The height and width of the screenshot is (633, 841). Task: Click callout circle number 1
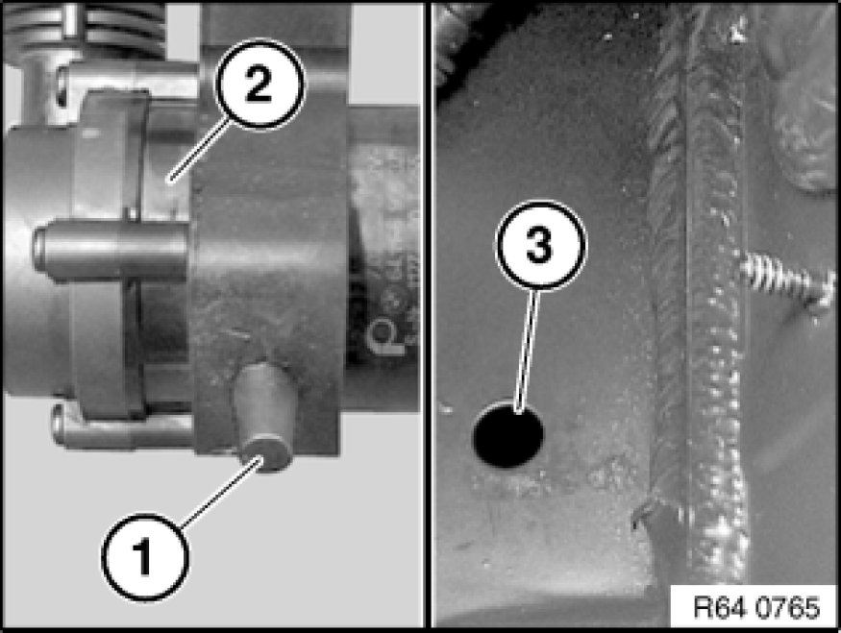(x=145, y=557)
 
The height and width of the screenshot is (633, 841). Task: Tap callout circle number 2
(x=260, y=85)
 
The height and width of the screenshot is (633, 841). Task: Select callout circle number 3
(x=540, y=246)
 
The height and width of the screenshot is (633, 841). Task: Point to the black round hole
(x=507, y=433)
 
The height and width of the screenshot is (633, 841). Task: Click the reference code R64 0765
(x=756, y=607)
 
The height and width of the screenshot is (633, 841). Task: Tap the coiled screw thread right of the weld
(x=786, y=280)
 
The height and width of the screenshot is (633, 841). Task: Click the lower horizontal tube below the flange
(x=122, y=427)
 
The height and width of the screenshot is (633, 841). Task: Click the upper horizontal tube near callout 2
(x=129, y=81)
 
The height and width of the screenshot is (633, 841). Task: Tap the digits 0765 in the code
(x=788, y=607)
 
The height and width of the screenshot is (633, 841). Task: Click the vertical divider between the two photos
(x=428, y=316)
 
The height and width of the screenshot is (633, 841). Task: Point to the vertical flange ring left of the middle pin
(x=108, y=255)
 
